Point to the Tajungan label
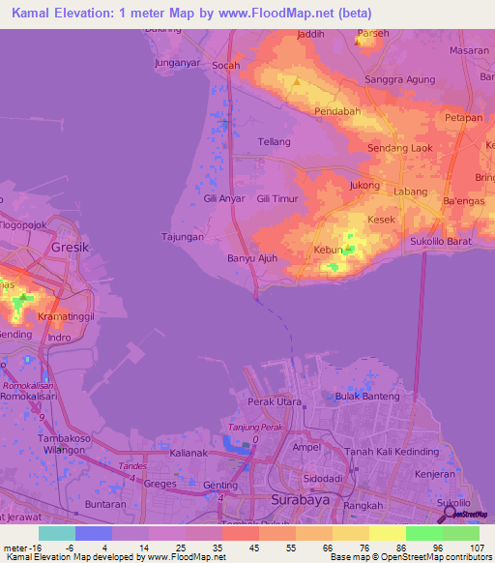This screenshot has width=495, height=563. pos(182,236)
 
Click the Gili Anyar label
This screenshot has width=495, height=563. pos(224,198)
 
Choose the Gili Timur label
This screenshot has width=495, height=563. pos(277,198)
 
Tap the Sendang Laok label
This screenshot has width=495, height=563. pos(400,149)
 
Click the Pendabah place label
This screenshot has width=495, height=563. pos(337,112)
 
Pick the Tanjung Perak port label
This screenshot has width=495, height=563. pos(251,428)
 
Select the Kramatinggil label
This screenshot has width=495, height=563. pos(70,316)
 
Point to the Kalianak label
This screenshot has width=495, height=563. pos(189,452)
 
